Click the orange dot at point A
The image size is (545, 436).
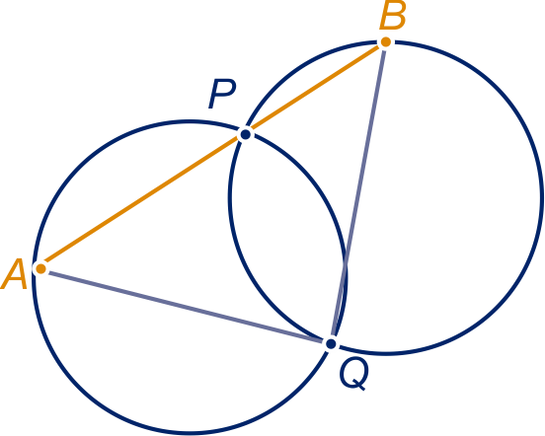(x=41, y=268)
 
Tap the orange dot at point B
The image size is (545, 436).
(x=385, y=42)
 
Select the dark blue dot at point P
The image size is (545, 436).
(x=246, y=134)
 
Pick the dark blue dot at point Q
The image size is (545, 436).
(x=331, y=343)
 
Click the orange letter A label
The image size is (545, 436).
(x=14, y=274)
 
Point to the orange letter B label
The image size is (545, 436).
(x=392, y=15)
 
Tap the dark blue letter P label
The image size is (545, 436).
(x=222, y=94)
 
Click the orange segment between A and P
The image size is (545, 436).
(x=143, y=201)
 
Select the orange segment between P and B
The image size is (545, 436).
(x=315, y=88)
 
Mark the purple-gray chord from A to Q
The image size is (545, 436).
(x=186, y=307)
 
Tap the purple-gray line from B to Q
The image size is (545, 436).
(x=358, y=192)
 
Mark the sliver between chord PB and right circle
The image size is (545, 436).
(x=306, y=75)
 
